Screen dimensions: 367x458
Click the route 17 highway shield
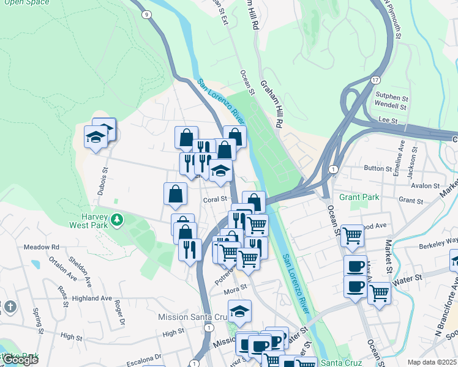coord(375,80)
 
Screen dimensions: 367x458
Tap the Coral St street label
coord(215,199)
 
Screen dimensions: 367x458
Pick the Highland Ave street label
coord(91,298)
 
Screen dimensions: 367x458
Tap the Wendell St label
coord(391,106)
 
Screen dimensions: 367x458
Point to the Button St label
coord(378,168)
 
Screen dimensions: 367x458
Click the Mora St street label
coord(235,286)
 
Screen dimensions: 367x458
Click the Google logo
coord(20,360)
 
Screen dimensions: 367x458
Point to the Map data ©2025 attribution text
coord(432,362)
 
